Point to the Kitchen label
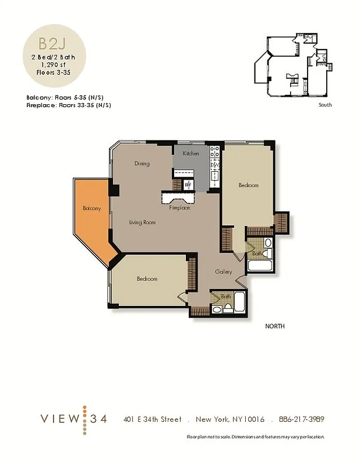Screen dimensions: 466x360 point(190,154)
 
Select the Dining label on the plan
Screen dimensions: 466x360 point(142,164)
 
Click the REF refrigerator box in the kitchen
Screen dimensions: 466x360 point(188,185)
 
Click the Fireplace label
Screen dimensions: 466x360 point(179,208)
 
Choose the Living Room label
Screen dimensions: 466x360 point(142,222)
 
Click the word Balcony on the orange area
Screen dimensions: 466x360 point(91,209)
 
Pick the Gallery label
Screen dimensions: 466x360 point(223,272)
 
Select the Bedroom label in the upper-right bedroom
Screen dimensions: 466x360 point(248,185)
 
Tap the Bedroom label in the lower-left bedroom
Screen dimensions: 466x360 point(147,279)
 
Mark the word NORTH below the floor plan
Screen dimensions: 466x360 point(275,327)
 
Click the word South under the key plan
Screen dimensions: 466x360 point(325,105)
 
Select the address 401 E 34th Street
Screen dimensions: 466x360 point(153,419)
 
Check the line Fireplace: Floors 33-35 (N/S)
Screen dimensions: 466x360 point(69,105)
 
